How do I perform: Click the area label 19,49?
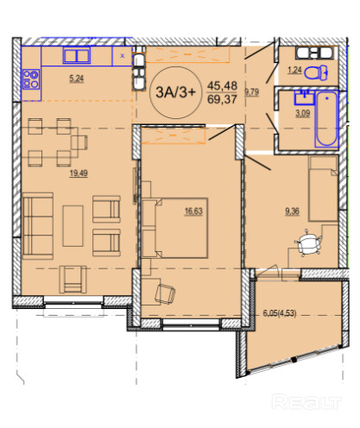79,173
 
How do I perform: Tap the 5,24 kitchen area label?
77,79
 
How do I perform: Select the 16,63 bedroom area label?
193,211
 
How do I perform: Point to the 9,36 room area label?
292,211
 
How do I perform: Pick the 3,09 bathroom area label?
303,113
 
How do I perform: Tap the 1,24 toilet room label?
294,70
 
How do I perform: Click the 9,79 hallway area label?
252,92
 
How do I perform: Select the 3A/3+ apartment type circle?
175,92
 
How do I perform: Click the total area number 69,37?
222,99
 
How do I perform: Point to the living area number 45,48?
222,85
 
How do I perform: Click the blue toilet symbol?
316,72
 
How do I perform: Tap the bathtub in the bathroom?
326,119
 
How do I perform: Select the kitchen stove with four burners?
31,79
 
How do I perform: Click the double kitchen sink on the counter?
77,55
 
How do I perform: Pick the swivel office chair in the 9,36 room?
308,243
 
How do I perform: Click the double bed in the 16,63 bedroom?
174,228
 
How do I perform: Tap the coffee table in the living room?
73,226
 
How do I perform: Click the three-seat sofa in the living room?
38,226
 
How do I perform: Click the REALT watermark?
307,401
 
